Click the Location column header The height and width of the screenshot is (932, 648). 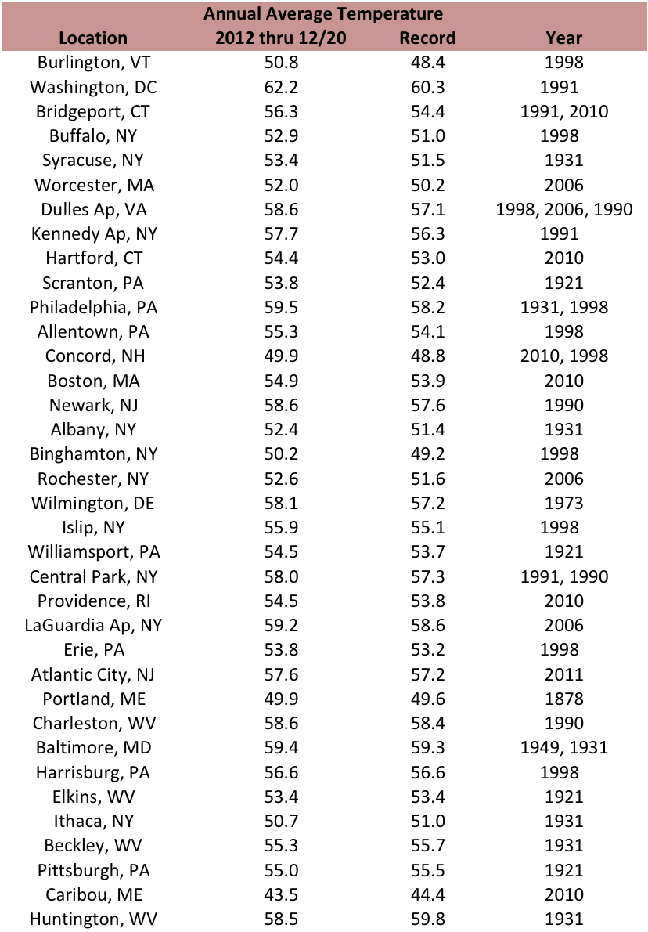coord(93,38)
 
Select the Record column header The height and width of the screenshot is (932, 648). coord(427,38)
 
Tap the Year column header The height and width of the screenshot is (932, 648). coord(563,38)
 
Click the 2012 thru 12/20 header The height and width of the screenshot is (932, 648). coord(281,38)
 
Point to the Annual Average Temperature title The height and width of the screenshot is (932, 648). coord(323,13)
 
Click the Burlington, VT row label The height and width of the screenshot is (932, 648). coord(94,63)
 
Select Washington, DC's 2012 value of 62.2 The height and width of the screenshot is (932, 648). coord(281,88)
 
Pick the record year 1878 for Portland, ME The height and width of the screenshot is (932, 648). coord(564,699)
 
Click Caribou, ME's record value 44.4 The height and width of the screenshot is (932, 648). coord(427,894)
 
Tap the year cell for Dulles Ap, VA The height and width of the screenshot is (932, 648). coord(564,210)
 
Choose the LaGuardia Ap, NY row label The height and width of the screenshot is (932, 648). coord(93,626)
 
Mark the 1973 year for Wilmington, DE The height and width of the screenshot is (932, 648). coord(564,504)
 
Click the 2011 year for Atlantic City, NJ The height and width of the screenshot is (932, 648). coord(564,674)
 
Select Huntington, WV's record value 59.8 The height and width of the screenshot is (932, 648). coord(427,919)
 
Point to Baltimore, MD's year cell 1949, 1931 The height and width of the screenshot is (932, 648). coord(564,748)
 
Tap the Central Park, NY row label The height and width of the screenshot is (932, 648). coord(94,577)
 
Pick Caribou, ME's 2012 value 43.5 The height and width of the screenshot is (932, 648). coord(281,894)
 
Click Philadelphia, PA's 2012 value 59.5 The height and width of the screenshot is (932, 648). coord(281,307)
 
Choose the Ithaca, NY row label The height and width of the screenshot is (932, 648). coord(94,822)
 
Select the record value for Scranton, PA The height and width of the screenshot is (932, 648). coord(427,283)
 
